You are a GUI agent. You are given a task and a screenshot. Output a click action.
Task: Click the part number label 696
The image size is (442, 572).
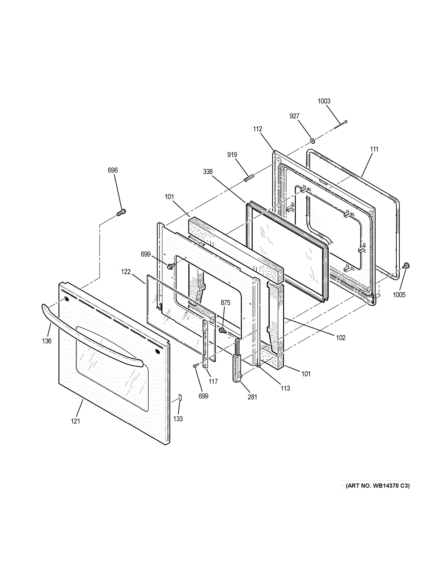coord(113,170)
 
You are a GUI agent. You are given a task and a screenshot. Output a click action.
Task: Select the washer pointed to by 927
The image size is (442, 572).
coord(312,141)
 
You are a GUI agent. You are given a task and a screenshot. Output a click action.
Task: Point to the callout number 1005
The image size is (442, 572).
coord(399,295)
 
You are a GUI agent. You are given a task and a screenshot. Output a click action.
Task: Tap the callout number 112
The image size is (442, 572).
coord(257,129)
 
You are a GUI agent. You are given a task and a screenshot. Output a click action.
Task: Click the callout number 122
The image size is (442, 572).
coord(126,272)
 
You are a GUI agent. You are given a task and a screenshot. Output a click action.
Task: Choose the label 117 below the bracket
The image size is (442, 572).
coord(213,382)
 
